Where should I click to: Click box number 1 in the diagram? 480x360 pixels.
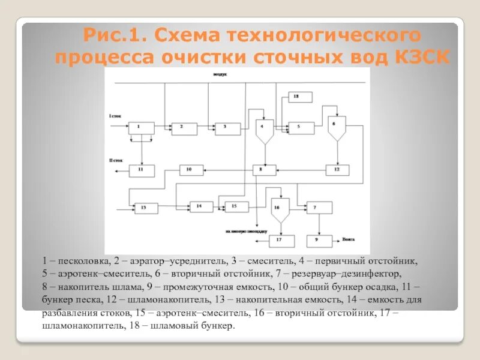point(141,127)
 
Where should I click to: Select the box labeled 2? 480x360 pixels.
point(184,127)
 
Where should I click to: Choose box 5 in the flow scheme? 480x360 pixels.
point(301,127)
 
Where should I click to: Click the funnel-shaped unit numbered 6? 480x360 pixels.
point(336,127)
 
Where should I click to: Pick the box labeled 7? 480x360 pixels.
point(319,207)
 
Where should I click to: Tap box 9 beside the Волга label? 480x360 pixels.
point(319,241)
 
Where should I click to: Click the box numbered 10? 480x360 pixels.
point(190,170)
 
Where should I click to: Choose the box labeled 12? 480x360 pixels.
point(336,170)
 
